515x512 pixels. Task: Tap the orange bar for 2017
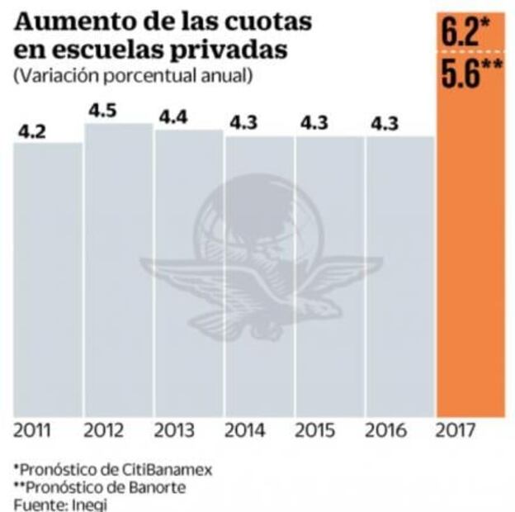(470, 248)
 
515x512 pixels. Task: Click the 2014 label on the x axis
(245, 431)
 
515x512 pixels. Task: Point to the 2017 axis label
(459, 431)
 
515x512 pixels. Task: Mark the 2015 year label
(316, 431)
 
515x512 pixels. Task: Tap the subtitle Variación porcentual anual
(133, 77)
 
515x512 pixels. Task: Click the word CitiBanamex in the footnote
(168, 468)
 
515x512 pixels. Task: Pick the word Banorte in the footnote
(156, 486)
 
